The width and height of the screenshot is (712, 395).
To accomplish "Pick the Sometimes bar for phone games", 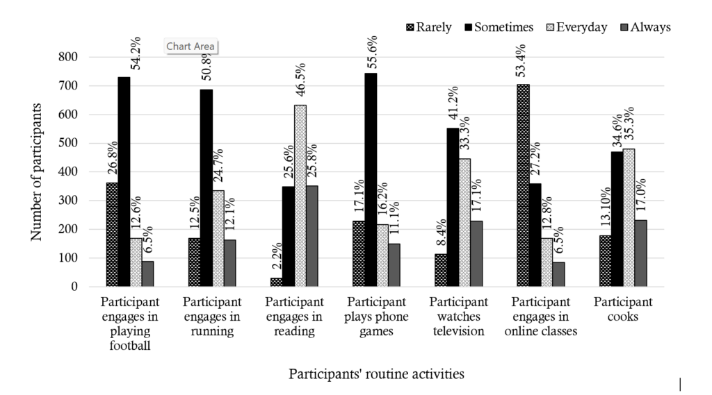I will tap(371, 180).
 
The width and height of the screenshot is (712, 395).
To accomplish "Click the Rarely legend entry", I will tap(428, 27).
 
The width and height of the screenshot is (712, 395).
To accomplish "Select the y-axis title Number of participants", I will tap(37, 171).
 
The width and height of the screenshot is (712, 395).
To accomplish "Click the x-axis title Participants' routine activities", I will tap(376, 374).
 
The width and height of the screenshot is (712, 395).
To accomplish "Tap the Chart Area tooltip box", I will tap(191, 47).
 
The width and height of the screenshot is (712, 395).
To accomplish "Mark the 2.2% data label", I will tap(276, 259).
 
